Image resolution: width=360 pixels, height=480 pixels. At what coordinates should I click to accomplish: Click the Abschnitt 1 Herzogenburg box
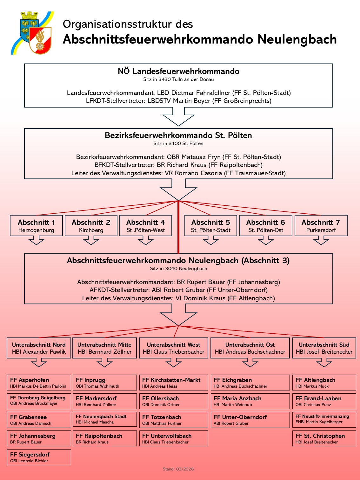tap(36, 226)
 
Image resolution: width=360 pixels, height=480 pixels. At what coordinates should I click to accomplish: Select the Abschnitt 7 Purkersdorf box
tap(321, 226)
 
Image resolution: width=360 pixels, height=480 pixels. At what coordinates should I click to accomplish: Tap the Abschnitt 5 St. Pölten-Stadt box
tap(211, 226)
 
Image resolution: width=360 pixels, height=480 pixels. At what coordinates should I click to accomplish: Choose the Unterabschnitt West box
tap(174, 348)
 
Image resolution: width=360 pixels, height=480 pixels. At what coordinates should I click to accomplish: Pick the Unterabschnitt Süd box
tap(324, 348)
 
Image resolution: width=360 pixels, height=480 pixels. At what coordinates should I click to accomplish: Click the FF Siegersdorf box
tap(39, 457)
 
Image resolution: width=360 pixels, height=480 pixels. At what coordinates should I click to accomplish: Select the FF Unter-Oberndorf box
tap(250, 420)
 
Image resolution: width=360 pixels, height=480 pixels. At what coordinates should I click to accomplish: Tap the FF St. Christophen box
tap(324, 438)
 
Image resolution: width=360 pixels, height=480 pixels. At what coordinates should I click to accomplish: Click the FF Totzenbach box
tap(174, 420)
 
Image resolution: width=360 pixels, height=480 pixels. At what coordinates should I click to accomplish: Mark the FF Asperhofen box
tap(39, 383)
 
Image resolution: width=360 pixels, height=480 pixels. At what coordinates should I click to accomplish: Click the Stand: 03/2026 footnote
tap(178, 469)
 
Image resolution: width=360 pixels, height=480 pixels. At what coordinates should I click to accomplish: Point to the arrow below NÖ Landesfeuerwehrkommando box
tap(178, 117)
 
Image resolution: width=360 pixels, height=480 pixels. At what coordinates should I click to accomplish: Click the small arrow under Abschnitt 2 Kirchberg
tap(91, 241)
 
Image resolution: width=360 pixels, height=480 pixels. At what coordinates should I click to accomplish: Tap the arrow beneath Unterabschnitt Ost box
tap(250, 363)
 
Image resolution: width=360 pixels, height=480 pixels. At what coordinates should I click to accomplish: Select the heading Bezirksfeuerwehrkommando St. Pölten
tap(178, 136)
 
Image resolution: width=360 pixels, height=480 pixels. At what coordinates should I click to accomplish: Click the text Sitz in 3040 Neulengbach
tap(178, 269)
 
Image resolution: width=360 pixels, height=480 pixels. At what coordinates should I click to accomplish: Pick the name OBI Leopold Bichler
tap(29, 461)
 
